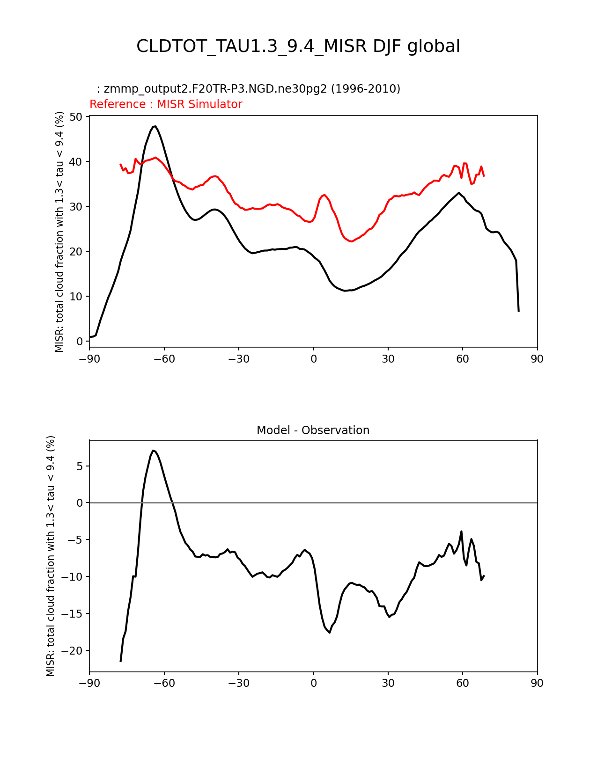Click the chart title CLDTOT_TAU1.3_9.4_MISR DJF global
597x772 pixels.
(298, 46)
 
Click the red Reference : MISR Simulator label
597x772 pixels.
(166, 104)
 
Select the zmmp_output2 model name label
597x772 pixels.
(248, 89)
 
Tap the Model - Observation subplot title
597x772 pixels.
(313, 430)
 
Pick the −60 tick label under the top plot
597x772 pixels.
(164, 359)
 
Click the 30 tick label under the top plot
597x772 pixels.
(388, 359)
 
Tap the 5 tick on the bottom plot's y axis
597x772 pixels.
(80, 466)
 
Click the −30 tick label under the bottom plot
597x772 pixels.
(238, 683)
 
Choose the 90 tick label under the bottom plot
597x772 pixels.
(537, 683)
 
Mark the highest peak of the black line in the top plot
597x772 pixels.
(155, 126)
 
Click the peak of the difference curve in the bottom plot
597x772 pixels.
(153, 450)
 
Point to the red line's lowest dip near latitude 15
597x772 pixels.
(351, 241)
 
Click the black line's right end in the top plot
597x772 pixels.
(518, 311)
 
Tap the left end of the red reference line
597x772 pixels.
(120, 164)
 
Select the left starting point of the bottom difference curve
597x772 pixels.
(120, 661)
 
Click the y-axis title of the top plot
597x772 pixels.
(59, 232)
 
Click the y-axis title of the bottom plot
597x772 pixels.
(51, 556)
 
